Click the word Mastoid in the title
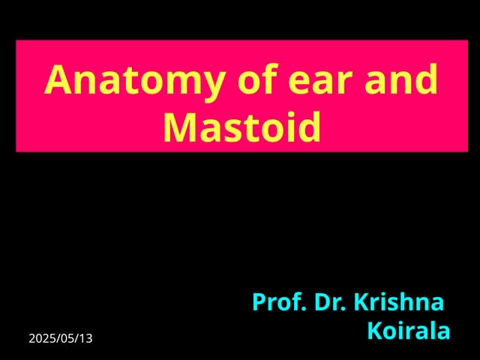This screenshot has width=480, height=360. click(x=241, y=127)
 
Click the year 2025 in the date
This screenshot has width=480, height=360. click(x=43, y=338)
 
